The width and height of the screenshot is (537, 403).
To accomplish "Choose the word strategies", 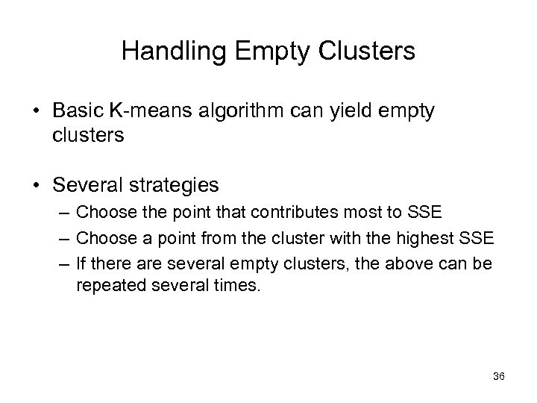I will coord(171,184).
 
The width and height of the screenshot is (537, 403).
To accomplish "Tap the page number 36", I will coord(499,377).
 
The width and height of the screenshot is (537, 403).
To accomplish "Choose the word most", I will coord(366,213).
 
